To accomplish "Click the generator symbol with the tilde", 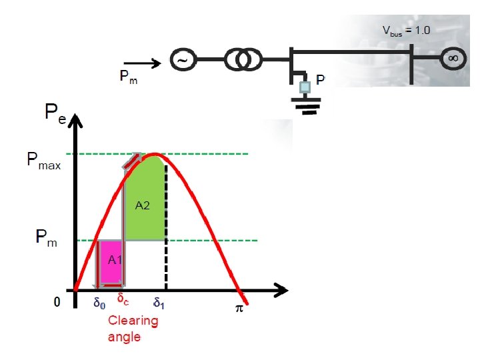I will pyautogui.click(x=183, y=61).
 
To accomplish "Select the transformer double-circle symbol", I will pyautogui.click(x=241, y=61).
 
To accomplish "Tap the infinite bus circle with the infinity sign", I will pyautogui.click(x=451, y=59).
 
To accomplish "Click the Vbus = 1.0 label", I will pyautogui.click(x=406, y=30).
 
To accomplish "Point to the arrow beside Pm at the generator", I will pyautogui.click(x=143, y=64).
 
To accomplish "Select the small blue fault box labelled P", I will pyautogui.click(x=305, y=85).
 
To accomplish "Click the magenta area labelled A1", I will pyautogui.click(x=109, y=263).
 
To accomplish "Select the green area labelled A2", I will pyautogui.click(x=143, y=203).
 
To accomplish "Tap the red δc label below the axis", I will pyautogui.click(x=123, y=299).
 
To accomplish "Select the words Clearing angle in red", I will pyautogui.click(x=133, y=328).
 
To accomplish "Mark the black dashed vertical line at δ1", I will pyautogui.click(x=165, y=253).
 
